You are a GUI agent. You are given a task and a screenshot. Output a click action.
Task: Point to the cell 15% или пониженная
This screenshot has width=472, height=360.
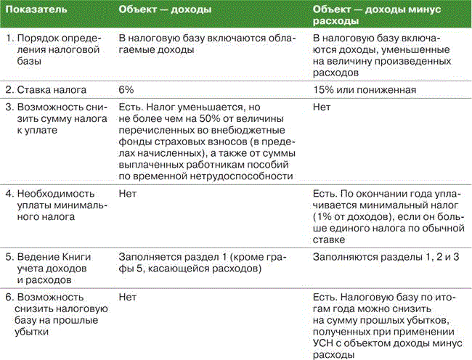[365, 90]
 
